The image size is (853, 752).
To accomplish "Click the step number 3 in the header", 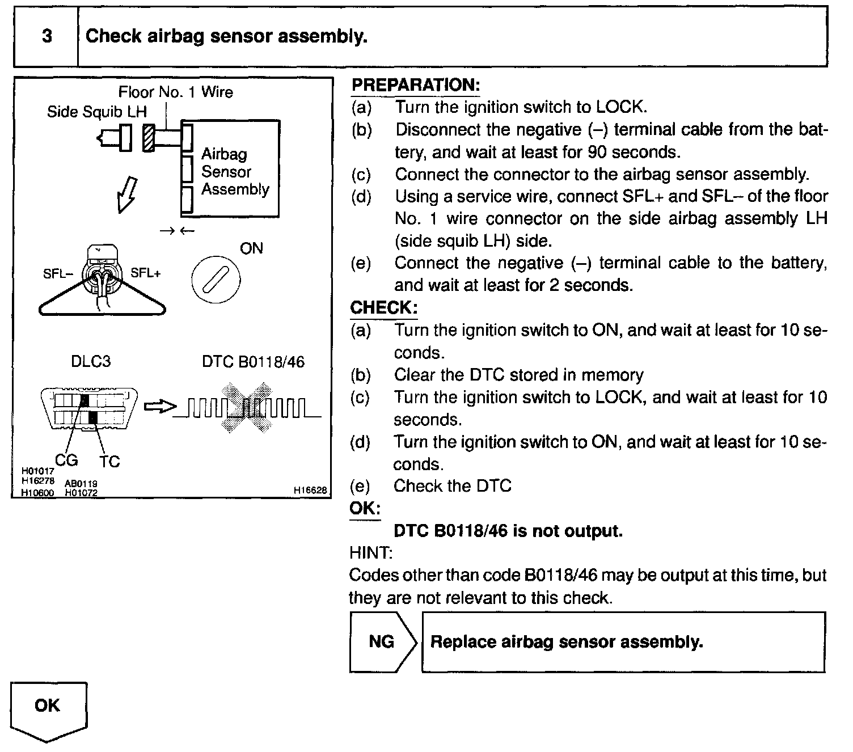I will point(47,36).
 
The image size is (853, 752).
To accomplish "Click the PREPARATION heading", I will point(415,85).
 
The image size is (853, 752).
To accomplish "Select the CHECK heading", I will point(384,308).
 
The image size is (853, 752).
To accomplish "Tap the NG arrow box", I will point(382,642).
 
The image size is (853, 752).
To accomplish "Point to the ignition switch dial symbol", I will point(216,280).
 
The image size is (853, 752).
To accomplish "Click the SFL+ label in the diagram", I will point(146,273).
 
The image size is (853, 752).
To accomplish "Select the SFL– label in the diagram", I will point(58,274).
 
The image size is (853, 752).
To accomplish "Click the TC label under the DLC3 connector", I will point(109,462).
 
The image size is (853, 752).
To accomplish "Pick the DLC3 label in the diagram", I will point(91,361).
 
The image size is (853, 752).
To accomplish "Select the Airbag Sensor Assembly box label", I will point(235,171).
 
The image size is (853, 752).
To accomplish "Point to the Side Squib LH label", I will point(96,112).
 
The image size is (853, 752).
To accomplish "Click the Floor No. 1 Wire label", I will point(175,92).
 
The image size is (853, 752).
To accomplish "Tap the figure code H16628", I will point(310,491).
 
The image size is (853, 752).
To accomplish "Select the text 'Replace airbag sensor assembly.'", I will point(566,642).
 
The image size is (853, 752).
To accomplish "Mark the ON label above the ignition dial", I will point(251,248).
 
